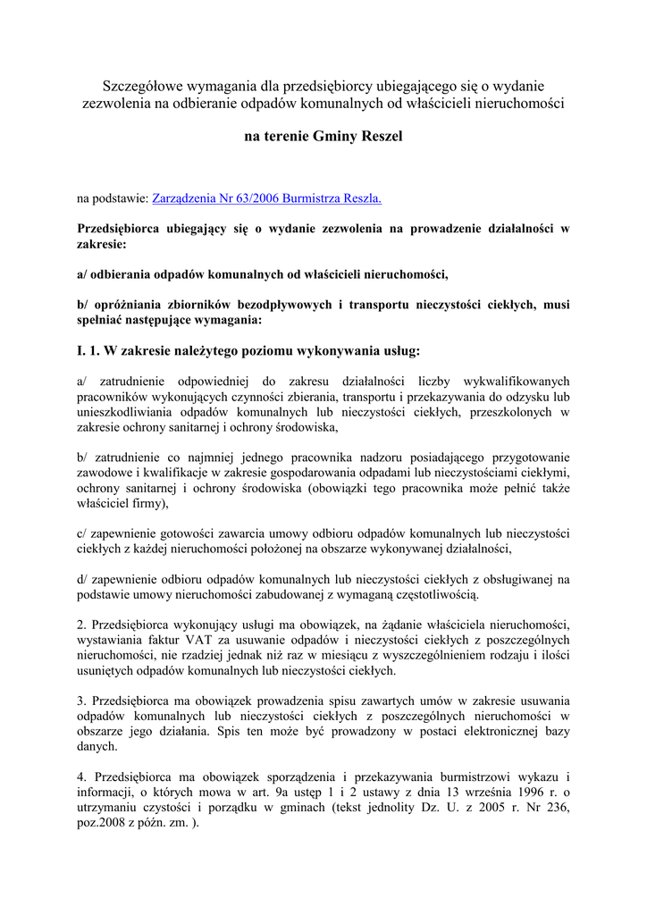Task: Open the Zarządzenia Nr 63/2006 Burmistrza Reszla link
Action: click(267, 198)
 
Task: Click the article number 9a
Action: click(300, 791)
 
